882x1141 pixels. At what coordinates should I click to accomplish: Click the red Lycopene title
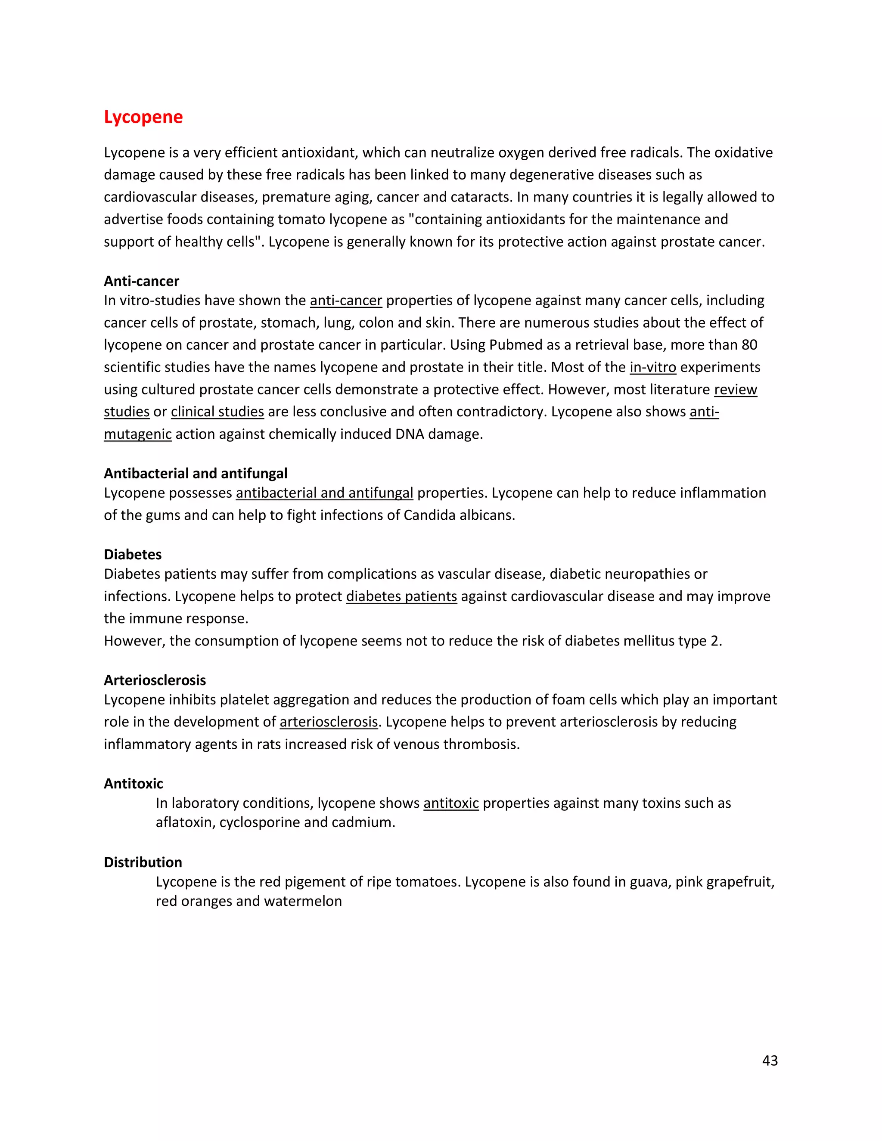[x=143, y=117]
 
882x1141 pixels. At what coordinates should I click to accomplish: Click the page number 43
[x=770, y=1060]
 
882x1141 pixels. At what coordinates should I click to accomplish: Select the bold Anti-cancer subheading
[x=141, y=281]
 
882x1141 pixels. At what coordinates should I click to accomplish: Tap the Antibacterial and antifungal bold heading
[x=196, y=473]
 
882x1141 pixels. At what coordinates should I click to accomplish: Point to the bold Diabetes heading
[x=133, y=554]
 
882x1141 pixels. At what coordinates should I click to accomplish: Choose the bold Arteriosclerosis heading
[x=155, y=680]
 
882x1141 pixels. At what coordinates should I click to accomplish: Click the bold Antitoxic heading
[x=133, y=784]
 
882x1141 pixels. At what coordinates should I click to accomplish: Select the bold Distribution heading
[x=143, y=862]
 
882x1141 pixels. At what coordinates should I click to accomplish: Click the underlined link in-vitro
[x=652, y=367]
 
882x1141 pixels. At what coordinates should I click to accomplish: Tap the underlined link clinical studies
[x=217, y=412]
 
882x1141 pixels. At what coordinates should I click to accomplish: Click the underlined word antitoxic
[x=451, y=803]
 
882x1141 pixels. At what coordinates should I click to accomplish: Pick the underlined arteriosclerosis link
[x=329, y=722]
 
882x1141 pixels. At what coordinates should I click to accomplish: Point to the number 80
[x=749, y=345]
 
